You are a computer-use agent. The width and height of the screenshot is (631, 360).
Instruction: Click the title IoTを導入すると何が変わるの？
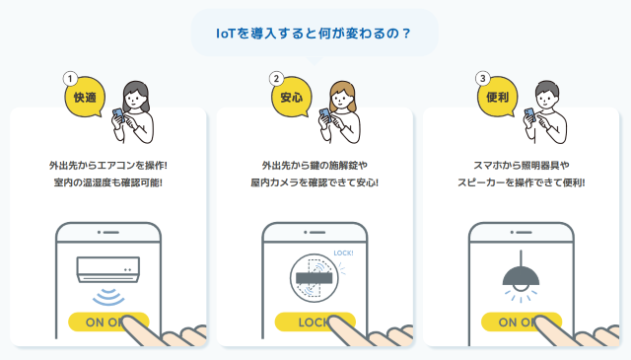pos(314,33)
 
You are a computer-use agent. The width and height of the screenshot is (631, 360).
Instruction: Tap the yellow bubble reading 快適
pos(85,97)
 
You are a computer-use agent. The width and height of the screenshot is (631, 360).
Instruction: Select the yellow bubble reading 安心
pos(292,97)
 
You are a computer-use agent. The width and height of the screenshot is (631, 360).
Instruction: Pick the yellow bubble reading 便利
pos(498,97)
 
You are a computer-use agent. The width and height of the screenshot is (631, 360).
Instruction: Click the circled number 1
pos(70,79)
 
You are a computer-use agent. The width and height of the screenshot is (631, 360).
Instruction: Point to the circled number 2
pos(276,79)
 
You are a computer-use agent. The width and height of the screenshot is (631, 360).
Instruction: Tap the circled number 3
pos(483,79)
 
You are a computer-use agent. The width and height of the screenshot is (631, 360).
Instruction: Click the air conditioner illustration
pos(108,269)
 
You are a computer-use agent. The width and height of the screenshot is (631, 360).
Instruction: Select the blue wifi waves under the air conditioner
pos(108,297)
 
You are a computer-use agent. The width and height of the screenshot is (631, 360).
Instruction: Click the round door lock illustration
pos(315,278)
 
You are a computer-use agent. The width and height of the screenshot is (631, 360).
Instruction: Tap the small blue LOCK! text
pos(343,252)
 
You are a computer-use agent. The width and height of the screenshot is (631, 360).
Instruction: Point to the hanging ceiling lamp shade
pos(521,276)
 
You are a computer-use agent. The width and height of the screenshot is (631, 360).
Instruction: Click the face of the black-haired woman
pos(135,99)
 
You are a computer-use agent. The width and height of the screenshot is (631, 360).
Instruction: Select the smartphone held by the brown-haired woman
pos(325,115)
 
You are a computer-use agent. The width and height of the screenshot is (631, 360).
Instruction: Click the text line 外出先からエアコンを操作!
pos(107,165)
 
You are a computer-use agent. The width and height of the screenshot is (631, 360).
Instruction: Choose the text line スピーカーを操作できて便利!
pos(522,182)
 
